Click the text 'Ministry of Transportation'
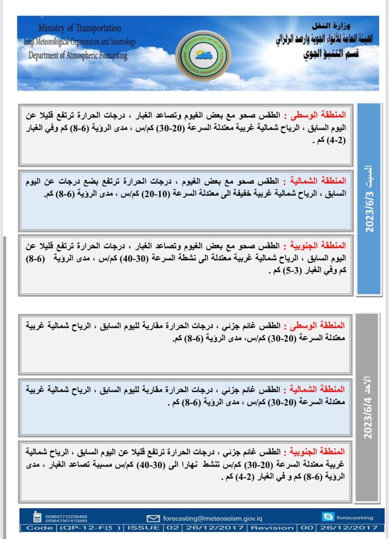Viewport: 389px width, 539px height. pos(80,28)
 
